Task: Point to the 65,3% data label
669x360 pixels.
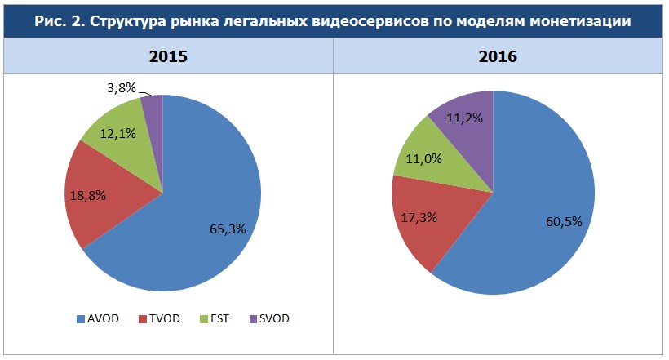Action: coord(227,229)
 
